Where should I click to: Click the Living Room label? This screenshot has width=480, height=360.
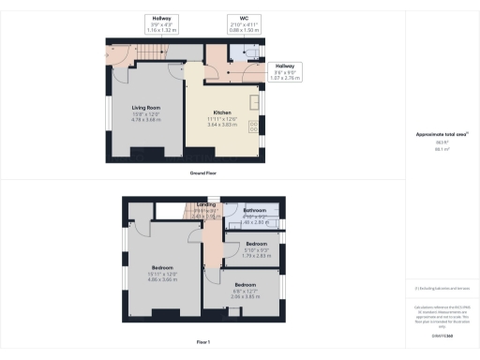(145, 108)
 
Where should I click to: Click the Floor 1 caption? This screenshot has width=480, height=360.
(202, 341)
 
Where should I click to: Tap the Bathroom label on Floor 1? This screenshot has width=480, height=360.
(255, 211)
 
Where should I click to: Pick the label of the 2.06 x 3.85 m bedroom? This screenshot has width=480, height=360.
(246, 284)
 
